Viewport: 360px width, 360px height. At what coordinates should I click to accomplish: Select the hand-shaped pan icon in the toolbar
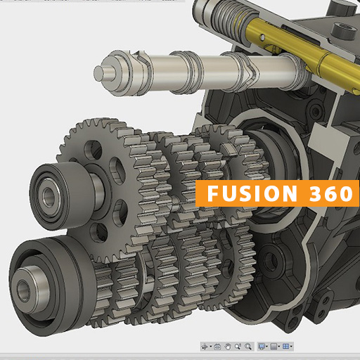coord(229,347)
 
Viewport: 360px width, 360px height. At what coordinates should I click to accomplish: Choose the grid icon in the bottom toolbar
coord(275,347)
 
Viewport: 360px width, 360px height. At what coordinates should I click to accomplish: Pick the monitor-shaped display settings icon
coord(262,347)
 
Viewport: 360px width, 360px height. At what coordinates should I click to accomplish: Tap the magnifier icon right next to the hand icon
coord(238,347)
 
